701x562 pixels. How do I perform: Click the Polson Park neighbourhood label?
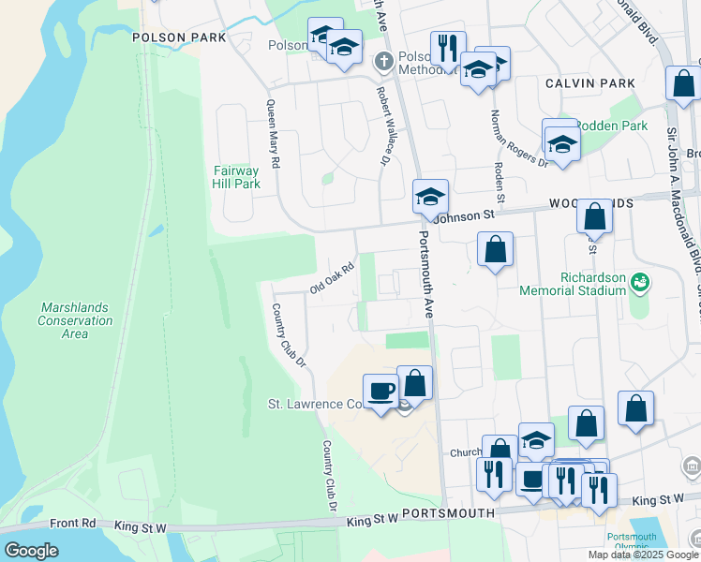tap(180, 37)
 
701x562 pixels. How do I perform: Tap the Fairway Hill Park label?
tap(236, 177)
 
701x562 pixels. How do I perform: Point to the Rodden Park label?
tap(611, 126)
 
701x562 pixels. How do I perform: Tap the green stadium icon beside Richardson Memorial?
tap(641, 281)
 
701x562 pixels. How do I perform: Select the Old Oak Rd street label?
tap(332, 278)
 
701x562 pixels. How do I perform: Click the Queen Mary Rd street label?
tap(273, 134)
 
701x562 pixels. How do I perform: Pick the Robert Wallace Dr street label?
tap(383, 127)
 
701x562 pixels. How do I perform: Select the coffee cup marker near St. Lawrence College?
tap(380, 391)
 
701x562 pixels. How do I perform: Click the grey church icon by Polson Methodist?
tap(382, 63)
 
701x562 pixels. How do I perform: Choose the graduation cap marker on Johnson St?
tap(430, 197)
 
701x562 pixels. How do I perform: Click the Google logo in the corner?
tap(31, 551)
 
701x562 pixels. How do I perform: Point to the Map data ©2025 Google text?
tap(643, 555)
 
